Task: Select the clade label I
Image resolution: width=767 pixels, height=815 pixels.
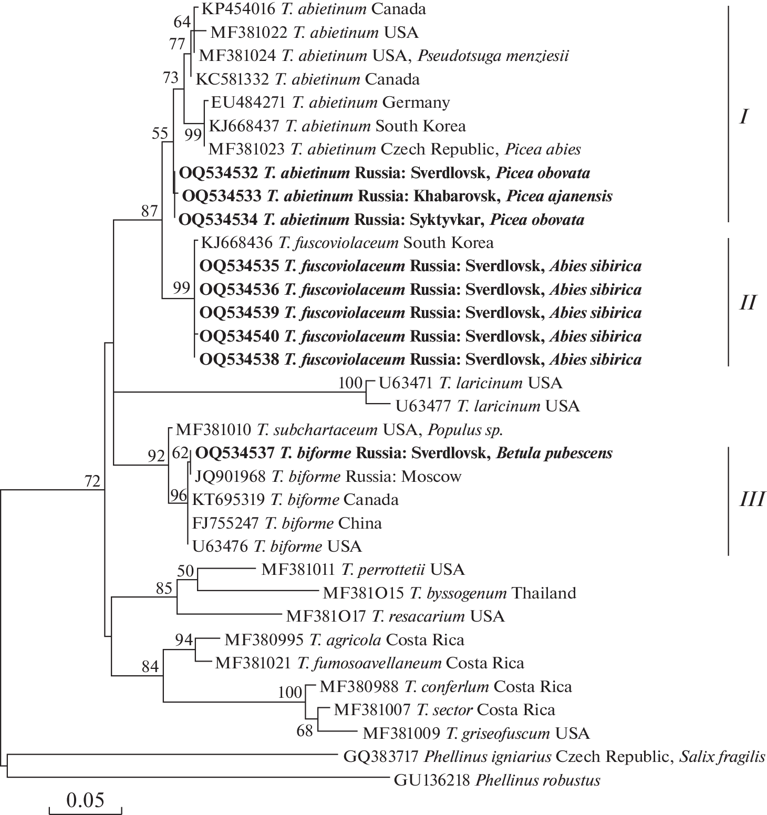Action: pos(743,117)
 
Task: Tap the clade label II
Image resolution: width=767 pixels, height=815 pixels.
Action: pos(747,303)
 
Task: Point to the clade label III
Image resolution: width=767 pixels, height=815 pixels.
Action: pos(752,499)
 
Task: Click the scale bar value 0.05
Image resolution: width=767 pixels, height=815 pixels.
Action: pos(85,800)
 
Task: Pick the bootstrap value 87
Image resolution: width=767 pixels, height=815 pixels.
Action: pos(149,211)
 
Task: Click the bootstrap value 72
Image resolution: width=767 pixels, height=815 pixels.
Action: pos(92,481)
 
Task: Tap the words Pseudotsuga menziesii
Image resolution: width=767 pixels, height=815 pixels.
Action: pos(493,56)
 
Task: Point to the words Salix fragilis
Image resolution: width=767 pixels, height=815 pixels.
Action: pos(722,757)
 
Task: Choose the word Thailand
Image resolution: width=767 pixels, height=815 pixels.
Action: pos(544,593)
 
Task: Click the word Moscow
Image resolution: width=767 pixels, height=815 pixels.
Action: pos(431,477)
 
